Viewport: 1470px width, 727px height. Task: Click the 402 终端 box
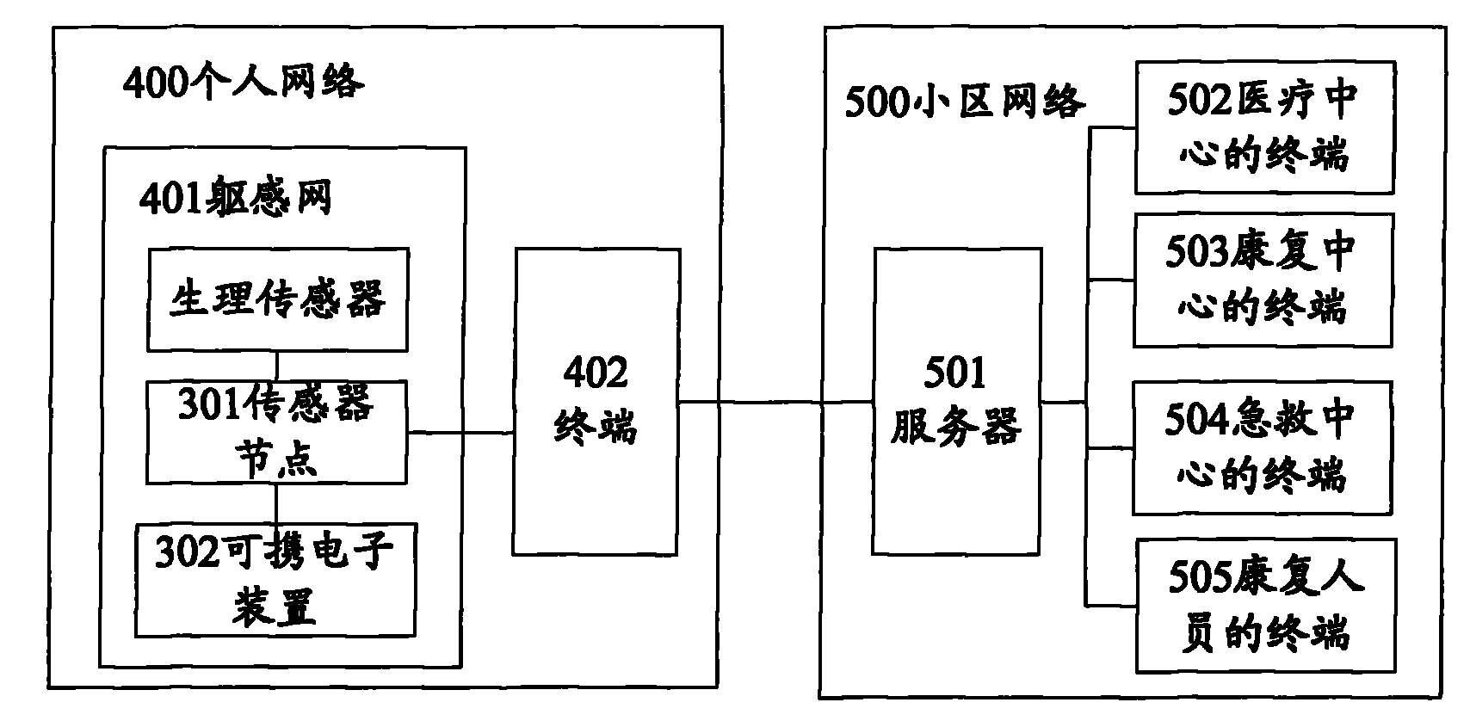point(596,402)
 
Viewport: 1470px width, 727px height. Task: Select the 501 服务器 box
point(957,402)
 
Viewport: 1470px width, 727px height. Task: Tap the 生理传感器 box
point(278,300)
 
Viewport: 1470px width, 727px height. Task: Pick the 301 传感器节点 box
point(276,433)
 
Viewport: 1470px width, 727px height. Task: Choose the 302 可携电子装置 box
point(275,580)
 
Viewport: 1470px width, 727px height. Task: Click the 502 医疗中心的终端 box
point(1264,127)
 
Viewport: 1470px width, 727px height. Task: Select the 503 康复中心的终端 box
point(1263,280)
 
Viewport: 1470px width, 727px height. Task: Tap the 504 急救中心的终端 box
point(1262,448)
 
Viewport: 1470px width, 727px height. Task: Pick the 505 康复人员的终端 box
point(1266,606)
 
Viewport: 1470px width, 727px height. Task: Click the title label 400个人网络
point(243,82)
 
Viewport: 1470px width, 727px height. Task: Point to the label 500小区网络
point(965,102)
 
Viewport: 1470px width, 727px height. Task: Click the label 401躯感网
point(235,197)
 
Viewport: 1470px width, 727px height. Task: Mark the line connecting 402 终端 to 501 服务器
point(776,402)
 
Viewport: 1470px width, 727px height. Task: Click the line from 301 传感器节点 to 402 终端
point(460,433)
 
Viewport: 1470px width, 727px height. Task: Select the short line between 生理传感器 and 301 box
point(277,367)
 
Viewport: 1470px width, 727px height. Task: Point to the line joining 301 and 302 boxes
point(275,504)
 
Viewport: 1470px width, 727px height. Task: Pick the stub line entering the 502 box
point(1112,128)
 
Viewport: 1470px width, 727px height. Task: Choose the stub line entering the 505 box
point(1110,605)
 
